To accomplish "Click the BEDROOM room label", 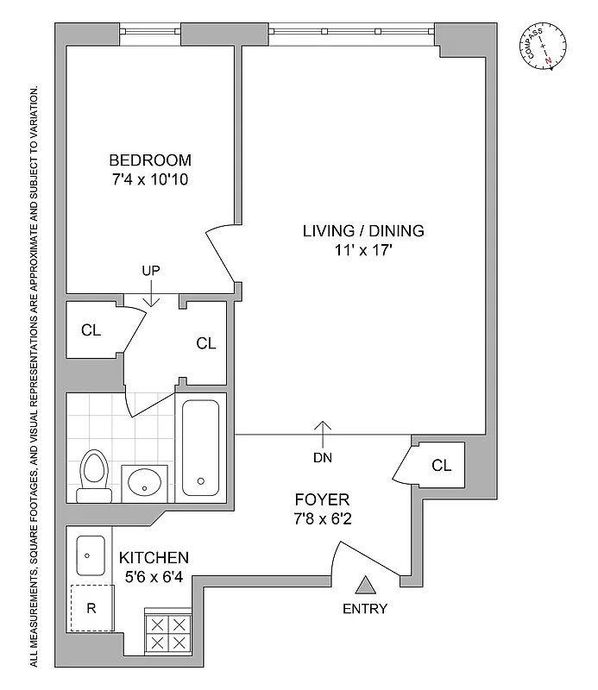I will [149, 160].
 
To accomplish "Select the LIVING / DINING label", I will [363, 231].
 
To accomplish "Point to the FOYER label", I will [322, 499].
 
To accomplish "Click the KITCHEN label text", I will [154, 558].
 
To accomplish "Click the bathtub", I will [200, 448].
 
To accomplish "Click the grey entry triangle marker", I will [367, 586].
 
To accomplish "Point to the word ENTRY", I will [366, 609].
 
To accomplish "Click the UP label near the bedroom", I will [151, 271].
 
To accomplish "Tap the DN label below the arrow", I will [323, 457].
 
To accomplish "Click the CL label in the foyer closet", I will [441, 466].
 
